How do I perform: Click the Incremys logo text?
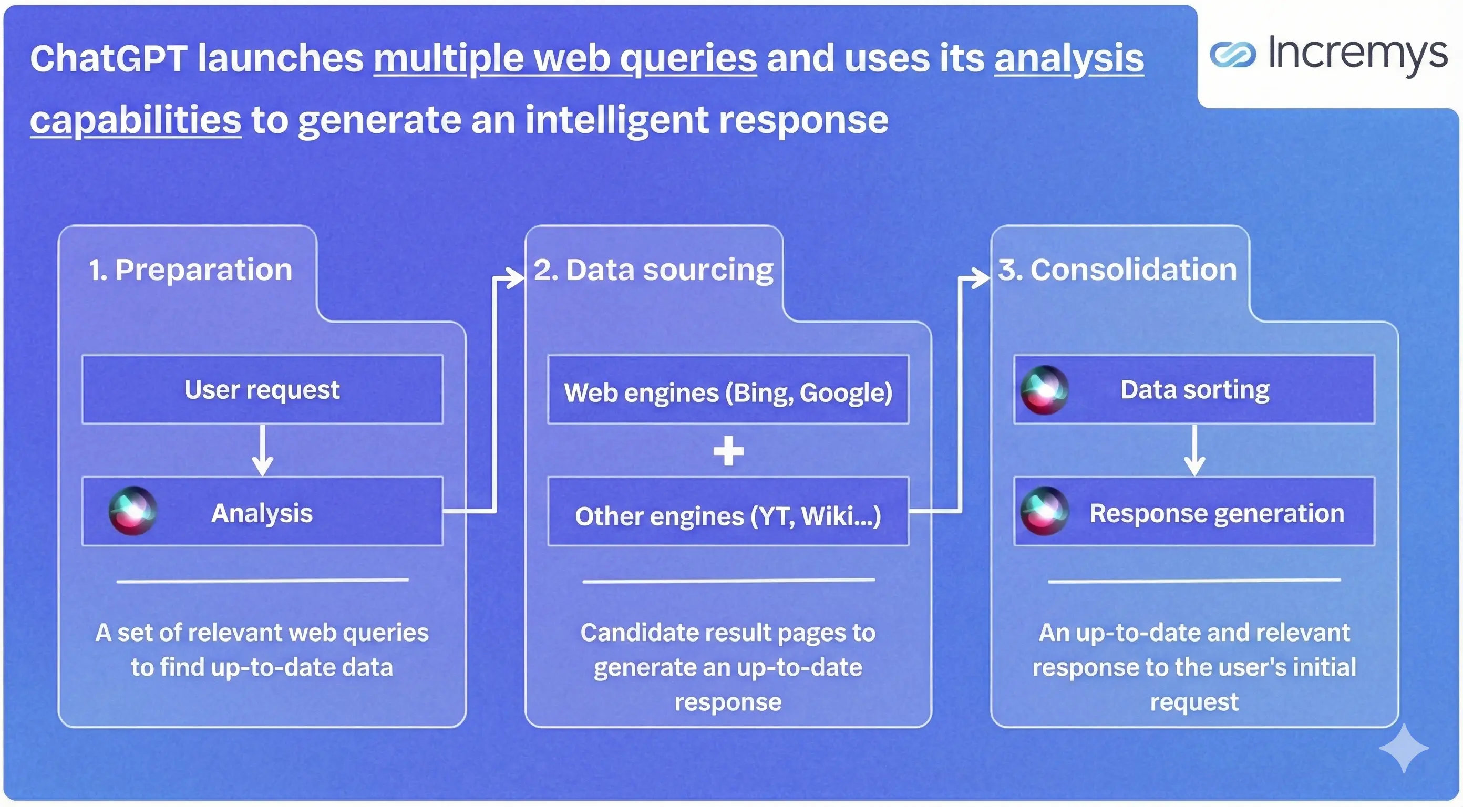[x=1357, y=55]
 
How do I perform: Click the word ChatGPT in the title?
[x=108, y=58]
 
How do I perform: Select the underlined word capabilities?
[x=136, y=120]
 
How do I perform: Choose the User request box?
[x=262, y=390]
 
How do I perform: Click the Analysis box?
[x=262, y=512]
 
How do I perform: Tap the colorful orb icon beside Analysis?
[x=133, y=511]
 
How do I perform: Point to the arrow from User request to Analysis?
[x=262, y=450]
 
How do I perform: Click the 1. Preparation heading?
[x=190, y=270]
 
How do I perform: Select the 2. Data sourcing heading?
[x=653, y=270]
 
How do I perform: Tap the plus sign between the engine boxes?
[x=728, y=451]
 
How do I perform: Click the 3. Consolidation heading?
[x=1117, y=270]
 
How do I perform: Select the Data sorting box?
[x=1194, y=390]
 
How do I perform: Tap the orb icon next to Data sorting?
[x=1044, y=390]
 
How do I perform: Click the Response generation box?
[x=1194, y=512]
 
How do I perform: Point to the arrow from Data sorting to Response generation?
[x=1194, y=450]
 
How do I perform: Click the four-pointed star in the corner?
[x=1404, y=748]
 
